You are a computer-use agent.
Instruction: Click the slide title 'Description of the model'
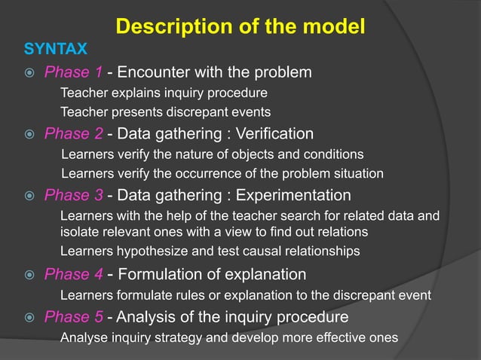click(x=240, y=27)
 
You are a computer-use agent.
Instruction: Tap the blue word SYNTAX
click(x=56, y=50)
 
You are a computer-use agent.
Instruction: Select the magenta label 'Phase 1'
click(x=72, y=72)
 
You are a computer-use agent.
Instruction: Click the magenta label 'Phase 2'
click(x=73, y=134)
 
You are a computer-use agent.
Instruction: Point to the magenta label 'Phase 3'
click(x=73, y=196)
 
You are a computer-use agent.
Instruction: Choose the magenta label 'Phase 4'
click(x=73, y=274)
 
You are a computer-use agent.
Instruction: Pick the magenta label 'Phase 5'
click(x=73, y=316)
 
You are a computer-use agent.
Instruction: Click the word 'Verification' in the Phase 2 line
click(x=274, y=134)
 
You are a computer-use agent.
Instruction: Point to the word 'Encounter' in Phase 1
click(x=152, y=72)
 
